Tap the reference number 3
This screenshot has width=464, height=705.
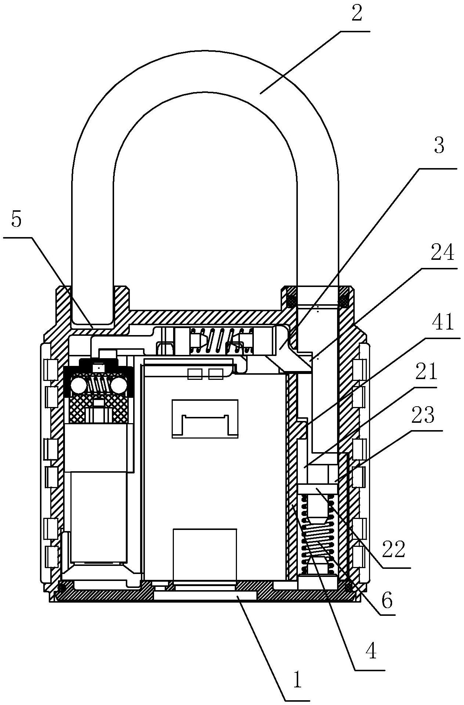439,146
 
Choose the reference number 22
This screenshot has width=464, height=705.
393,549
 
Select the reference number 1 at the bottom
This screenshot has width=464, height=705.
297,680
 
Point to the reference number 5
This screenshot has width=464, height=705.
17,220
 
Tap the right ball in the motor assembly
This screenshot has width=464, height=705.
119,386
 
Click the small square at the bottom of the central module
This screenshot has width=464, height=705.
205,554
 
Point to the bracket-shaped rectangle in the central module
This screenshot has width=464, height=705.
205,419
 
